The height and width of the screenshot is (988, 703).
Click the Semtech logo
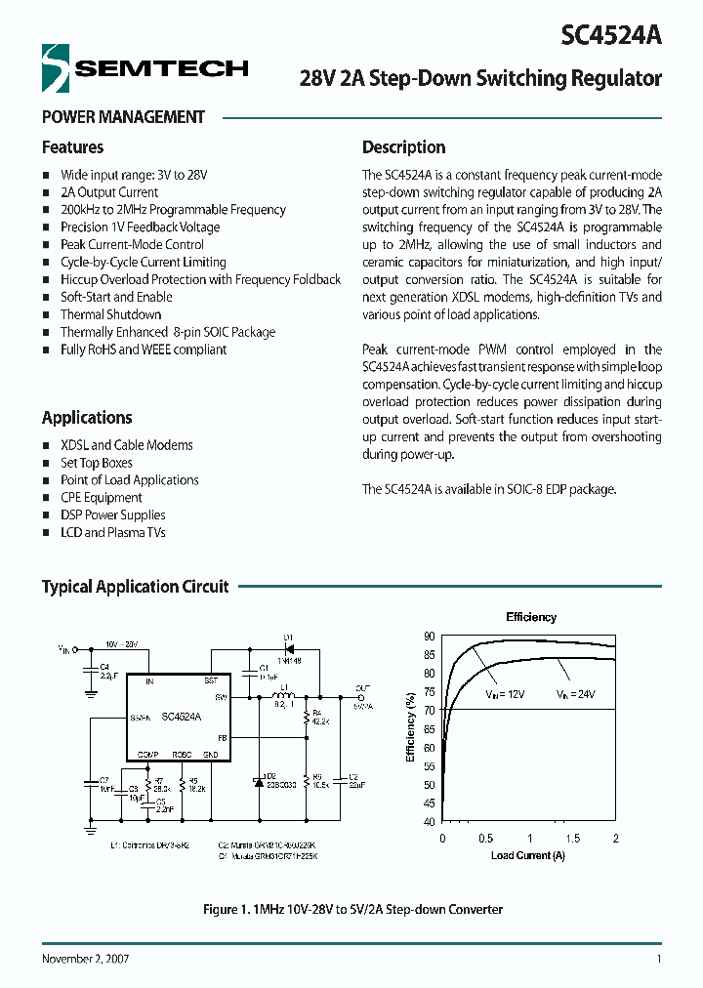145,67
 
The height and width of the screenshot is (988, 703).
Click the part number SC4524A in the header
611,35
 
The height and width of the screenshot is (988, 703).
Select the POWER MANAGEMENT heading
123,117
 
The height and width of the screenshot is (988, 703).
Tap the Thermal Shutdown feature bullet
110,314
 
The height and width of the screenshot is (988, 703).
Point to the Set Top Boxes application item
96,463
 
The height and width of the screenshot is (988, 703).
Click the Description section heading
403,147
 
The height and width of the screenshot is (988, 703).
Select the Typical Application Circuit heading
135,587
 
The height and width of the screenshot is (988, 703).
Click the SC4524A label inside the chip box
181,716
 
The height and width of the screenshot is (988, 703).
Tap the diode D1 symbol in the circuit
289,648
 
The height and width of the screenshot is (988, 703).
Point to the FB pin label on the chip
222,738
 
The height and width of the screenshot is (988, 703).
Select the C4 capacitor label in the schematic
103,667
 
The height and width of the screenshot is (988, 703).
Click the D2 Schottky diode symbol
258,781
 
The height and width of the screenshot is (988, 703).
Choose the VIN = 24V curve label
576,694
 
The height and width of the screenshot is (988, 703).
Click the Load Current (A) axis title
529,855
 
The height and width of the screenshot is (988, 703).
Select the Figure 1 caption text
352,909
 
